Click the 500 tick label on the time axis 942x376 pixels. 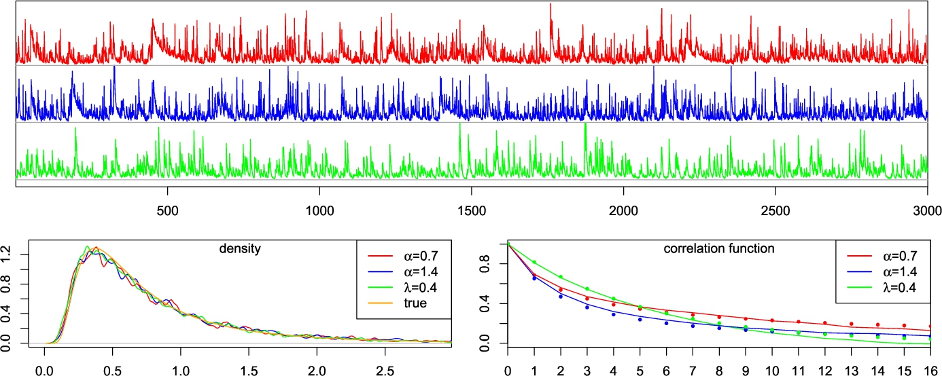pos(167,211)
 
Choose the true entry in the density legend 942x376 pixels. pos(413,303)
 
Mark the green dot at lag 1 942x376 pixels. pos(534,262)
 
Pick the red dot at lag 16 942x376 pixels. pos(928,326)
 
